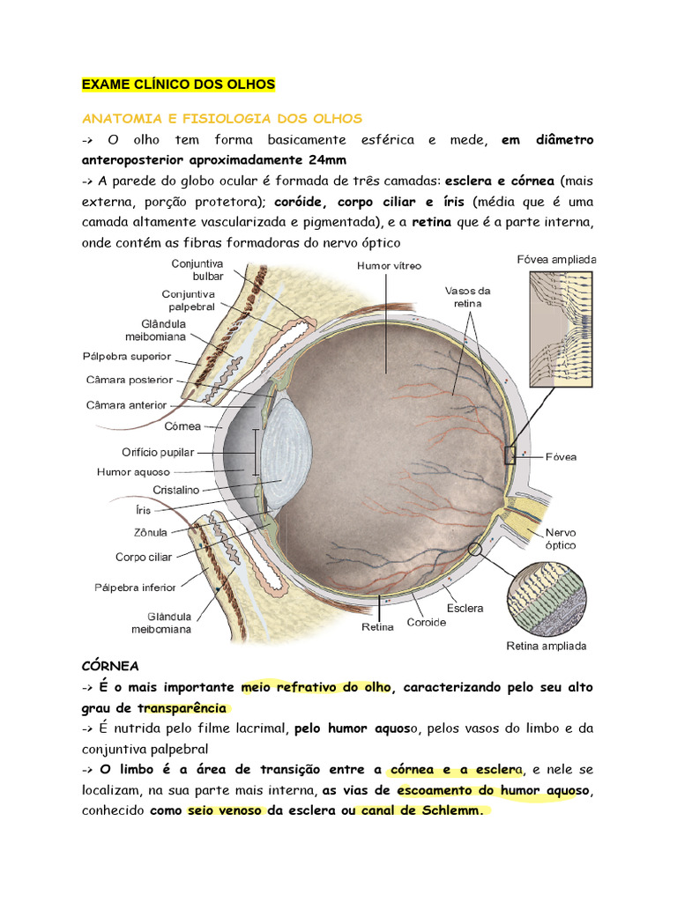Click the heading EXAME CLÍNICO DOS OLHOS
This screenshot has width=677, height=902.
pos(178,85)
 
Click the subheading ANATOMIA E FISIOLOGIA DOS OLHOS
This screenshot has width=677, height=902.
pos(221,118)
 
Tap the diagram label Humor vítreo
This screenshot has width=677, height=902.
pos(389,265)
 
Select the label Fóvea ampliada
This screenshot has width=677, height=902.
pos(556,260)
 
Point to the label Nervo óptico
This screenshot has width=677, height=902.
pos(561,539)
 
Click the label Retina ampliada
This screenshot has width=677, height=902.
pos(547,646)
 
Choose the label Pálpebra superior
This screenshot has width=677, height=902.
pos(128,358)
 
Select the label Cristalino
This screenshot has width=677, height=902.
pos(175,490)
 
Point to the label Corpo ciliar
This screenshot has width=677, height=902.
pos(144,557)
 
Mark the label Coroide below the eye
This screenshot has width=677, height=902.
pos(426,623)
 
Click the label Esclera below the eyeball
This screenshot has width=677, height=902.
pos(465,608)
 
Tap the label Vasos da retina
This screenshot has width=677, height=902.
pos(468,296)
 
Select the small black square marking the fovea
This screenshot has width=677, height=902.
pos(509,455)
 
